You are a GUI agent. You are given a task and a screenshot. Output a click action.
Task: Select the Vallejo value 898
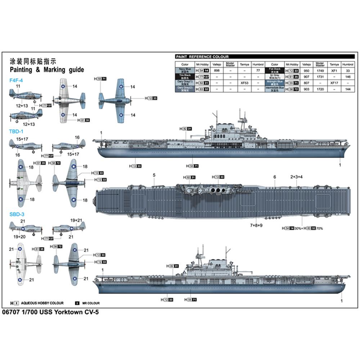(216, 71)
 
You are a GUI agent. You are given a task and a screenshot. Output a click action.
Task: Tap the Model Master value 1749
(320, 71)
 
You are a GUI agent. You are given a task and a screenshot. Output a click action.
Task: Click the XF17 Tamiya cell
(334, 82)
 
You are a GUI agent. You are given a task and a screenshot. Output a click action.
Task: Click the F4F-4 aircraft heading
(16, 80)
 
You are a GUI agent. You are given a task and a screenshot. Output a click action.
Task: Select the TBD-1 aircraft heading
(16, 131)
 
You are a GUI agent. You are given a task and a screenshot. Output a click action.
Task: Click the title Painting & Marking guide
(47, 69)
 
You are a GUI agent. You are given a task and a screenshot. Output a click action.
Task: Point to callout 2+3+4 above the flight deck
(296, 177)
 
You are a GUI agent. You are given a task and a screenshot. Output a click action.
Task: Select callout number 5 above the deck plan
(154, 175)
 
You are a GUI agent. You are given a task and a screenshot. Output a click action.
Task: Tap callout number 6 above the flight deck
(275, 177)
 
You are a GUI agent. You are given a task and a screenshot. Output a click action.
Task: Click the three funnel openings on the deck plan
(217, 190)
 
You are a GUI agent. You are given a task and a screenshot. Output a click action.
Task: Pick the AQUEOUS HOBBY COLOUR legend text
(42, 303)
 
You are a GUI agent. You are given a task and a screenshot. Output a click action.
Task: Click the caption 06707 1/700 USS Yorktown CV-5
(50, 312)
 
